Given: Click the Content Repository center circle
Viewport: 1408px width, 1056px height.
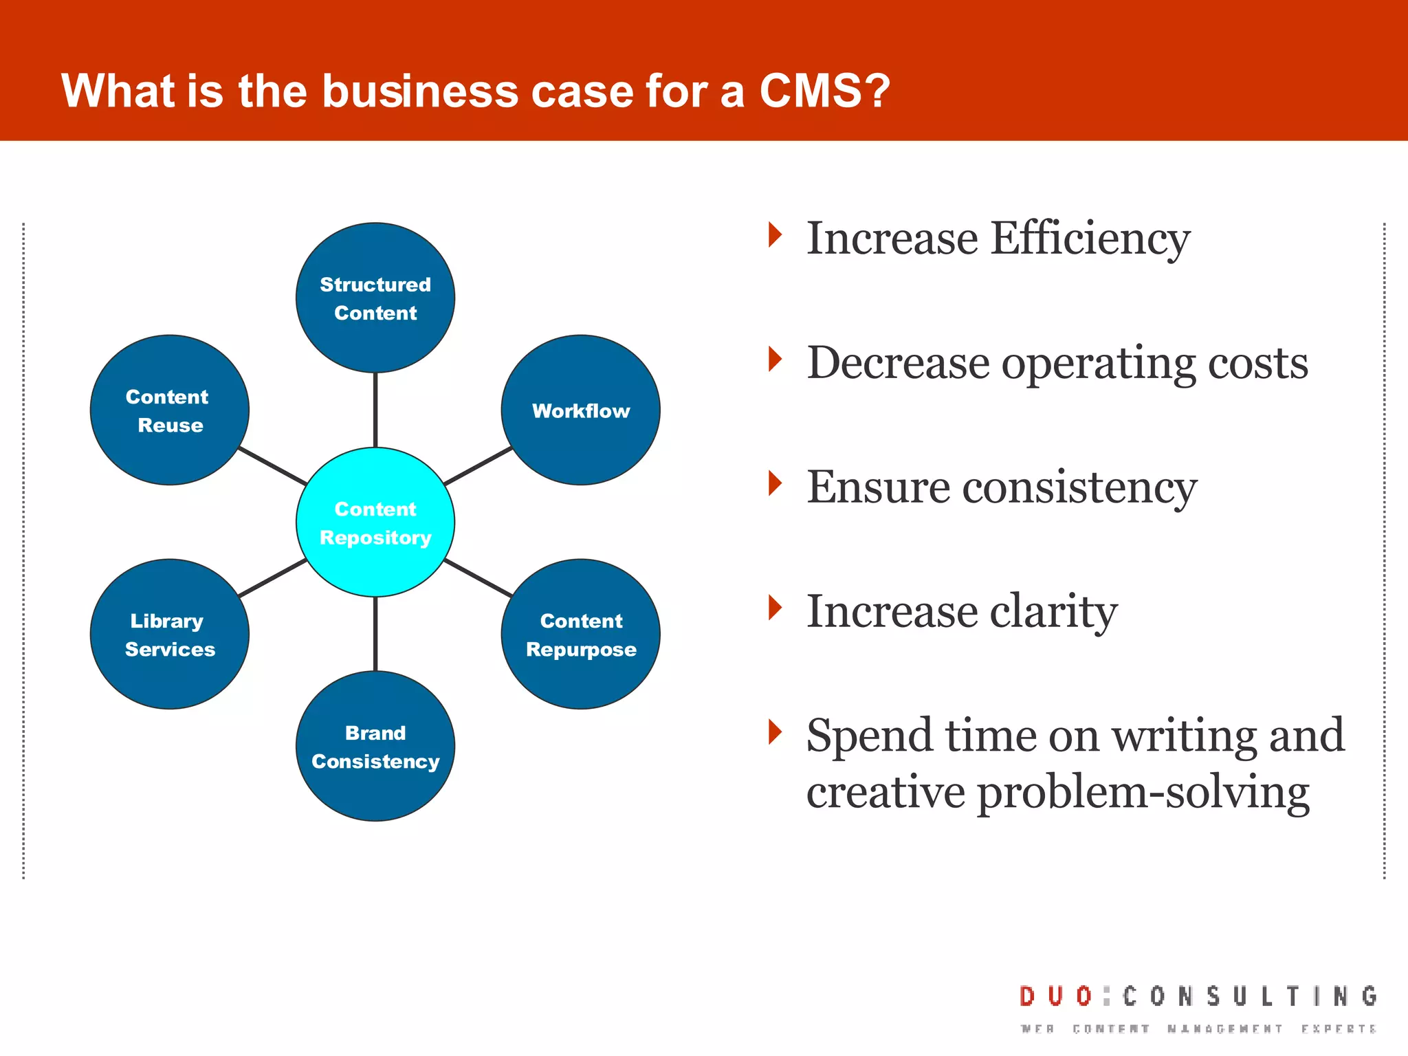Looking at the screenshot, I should (375, 522).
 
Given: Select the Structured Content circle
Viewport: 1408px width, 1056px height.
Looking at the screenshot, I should (375, 298).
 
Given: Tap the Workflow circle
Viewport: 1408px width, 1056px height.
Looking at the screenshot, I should (581, 410).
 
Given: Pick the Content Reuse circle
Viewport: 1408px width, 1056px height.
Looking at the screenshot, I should (169, 410).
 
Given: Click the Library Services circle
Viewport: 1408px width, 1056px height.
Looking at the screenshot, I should (169, 634).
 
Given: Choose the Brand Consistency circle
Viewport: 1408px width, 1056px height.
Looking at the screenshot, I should (375, 746).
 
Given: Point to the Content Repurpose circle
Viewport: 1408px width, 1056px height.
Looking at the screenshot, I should (581, 634).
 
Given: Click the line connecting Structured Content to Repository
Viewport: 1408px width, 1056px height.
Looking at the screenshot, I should (375, 410).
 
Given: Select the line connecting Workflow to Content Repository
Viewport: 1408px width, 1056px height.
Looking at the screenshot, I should (478, 466).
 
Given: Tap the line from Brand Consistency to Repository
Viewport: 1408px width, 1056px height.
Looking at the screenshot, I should (375, 634).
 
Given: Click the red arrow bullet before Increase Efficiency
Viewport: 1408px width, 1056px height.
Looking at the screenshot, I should (775, 235).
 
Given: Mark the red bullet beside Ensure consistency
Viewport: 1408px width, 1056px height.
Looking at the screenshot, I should (775, 483).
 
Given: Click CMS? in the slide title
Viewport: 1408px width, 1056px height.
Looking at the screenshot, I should (824, 91).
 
